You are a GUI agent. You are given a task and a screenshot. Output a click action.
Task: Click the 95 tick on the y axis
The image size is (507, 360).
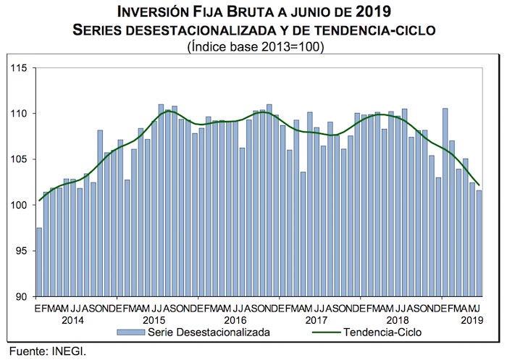point(20,251)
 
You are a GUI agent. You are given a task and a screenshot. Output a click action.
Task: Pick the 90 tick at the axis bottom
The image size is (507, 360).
point(20,296)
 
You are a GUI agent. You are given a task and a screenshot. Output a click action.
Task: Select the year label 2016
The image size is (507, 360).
point(235,319)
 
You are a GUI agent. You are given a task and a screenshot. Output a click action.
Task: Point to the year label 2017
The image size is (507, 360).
point(317,319)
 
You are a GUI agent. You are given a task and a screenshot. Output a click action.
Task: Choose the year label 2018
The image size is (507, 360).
point(397,319)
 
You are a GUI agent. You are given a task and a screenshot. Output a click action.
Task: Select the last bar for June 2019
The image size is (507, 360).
point(479,243)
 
